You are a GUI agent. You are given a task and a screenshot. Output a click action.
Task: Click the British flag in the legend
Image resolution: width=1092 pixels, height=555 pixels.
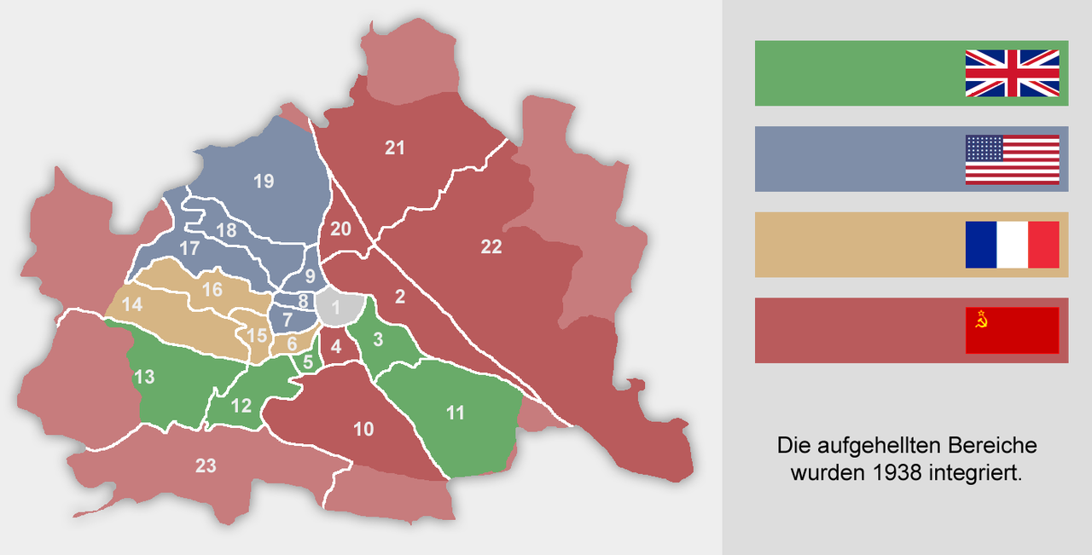[x=1012, y=73]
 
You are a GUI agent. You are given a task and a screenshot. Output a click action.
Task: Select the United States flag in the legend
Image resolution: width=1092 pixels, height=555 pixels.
[x=1012, y=159]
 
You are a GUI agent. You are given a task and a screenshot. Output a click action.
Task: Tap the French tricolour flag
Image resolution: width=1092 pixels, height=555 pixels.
[x=1012, y=245]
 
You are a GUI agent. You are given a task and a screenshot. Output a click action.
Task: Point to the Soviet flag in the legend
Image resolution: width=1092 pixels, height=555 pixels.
[x=1012, y=330]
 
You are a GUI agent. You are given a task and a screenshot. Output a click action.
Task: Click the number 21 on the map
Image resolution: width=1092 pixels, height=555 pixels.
[x=394, y=148]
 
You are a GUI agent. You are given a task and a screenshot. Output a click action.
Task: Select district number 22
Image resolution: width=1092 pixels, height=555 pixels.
[x=491, y=247]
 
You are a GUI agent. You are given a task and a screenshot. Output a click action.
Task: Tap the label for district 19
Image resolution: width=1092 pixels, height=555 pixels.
[x=264, y=181]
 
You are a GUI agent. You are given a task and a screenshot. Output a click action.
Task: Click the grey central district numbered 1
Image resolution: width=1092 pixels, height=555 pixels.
[x=335, y=307]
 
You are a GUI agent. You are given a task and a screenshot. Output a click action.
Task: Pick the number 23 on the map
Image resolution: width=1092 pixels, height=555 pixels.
[x=206, y=465]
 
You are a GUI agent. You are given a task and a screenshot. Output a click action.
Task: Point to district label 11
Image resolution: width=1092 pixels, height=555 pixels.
[x=456, y=413]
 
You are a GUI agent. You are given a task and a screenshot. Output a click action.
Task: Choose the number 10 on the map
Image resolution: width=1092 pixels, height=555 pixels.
[x=363, y=429]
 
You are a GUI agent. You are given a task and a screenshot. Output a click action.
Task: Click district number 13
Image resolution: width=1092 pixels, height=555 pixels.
[x=144, y=376]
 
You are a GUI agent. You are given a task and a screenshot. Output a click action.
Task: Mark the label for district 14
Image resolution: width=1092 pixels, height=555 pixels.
[x=131, y=304]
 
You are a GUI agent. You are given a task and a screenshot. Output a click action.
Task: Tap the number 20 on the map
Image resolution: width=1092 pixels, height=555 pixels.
[x=340, y=228]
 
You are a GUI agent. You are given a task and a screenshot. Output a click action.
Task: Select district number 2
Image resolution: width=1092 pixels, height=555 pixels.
[x=399, y=297]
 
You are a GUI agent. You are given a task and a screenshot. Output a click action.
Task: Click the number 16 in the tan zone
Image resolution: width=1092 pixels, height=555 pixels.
[x=212, y=290]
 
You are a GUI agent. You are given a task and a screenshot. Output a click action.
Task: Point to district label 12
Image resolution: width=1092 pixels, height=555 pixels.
[x=241, y=405]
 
